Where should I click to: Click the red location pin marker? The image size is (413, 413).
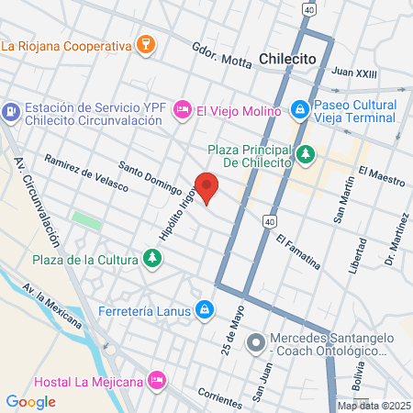207,186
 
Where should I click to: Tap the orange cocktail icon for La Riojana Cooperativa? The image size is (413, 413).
144,44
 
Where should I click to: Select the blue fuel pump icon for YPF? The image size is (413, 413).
11,112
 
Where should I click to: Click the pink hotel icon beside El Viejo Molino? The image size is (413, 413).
183,109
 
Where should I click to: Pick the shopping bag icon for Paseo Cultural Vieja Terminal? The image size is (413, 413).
299,110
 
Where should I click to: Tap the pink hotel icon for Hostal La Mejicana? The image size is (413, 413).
157,378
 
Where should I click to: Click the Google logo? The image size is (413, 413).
30,401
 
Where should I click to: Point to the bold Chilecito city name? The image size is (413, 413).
288,58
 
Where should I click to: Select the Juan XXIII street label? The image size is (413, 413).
354,71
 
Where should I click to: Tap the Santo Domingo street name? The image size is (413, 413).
150,178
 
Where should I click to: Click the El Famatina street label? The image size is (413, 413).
297,251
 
